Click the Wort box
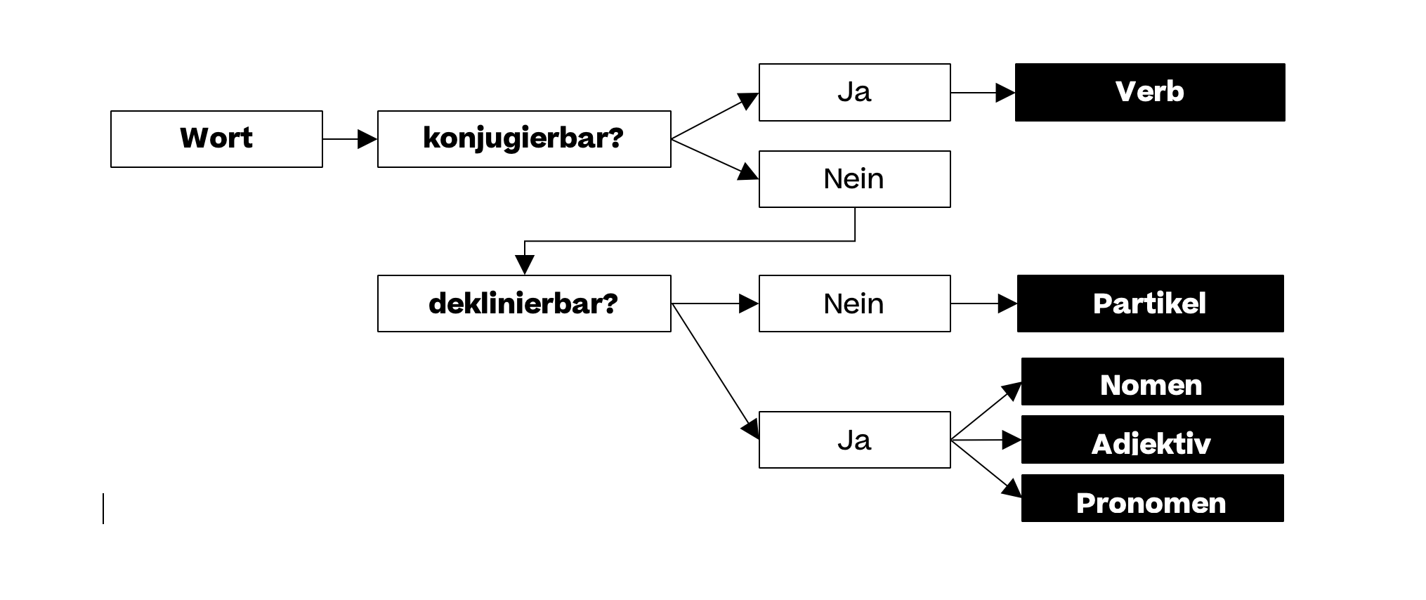click(216, 139)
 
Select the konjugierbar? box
click(524, 139)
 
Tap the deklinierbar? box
click(524, 304)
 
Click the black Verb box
click(1150, 92)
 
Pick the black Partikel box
click(1150, 304)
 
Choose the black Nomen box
click(1152, 382)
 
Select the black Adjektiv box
click(1152, 440)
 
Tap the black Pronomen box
click(1152, 498)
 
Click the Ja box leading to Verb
click(854, 92)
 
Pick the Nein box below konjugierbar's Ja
click(854, 179)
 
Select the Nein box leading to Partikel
click(854, 304)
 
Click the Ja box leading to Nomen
click(854, 440)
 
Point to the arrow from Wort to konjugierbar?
click(350, 139)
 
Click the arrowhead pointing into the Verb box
click(1005, 93)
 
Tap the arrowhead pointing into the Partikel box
click(1007, 304)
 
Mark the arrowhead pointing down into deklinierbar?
click(525, 265)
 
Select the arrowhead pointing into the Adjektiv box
click(1012, 441)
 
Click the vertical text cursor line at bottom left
click(103, 508)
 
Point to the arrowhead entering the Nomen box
click(1012, 391)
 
